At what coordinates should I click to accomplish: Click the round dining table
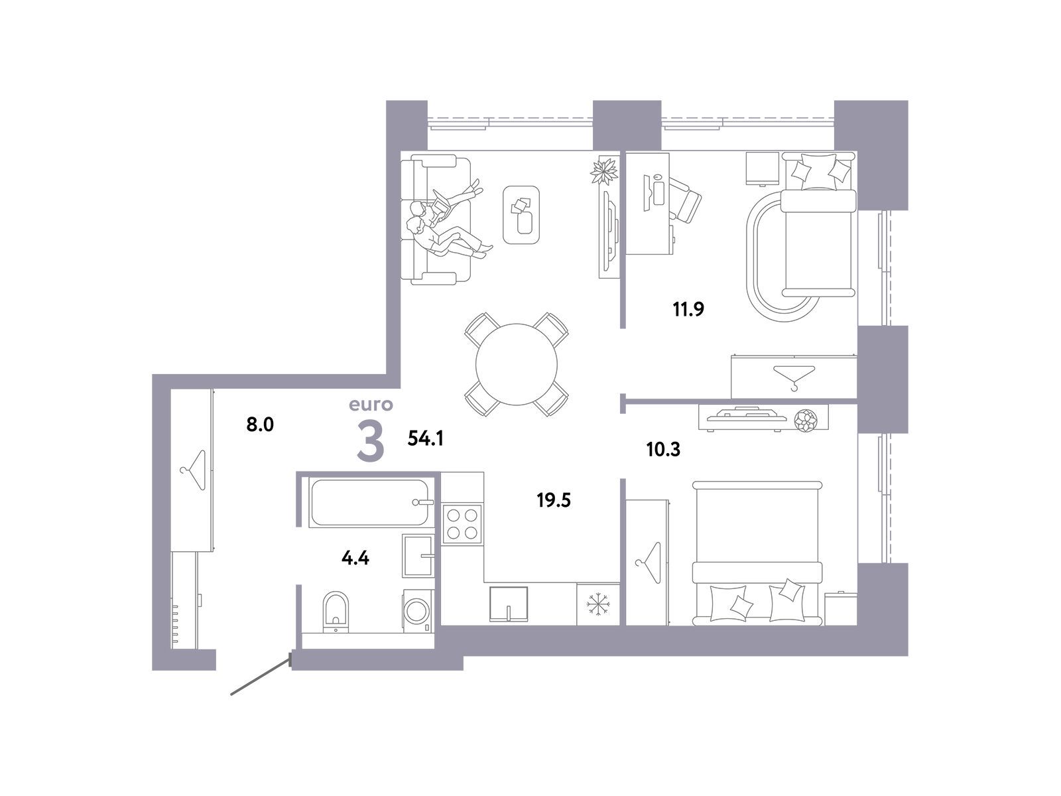pos(516,364)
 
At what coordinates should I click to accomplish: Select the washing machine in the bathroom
pos(418,610)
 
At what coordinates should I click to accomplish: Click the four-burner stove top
pos(462,524)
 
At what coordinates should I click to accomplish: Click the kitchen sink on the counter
pos(508,604)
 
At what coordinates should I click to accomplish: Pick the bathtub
pos(370,502)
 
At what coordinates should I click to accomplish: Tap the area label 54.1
pos(425,438)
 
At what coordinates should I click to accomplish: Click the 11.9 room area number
pos(688,309)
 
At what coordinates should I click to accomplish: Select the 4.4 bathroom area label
pos(355,559)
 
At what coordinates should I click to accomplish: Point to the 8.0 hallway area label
pos(260,425)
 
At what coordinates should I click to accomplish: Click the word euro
pos(371,405)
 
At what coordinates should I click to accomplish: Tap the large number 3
pos(371,440)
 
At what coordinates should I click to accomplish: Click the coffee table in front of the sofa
pos(521,214)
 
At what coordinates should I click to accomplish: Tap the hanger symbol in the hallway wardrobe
pos(194,470)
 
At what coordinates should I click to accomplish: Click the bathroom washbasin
pos(418,555)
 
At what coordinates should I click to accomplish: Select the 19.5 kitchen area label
pos(554,500)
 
